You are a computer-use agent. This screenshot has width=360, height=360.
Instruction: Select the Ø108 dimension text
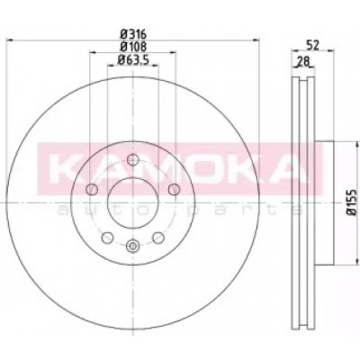(x=133, y=47)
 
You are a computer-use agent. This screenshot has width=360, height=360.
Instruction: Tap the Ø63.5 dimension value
(x=133, y=59)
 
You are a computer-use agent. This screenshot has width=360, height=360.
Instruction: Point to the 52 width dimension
(x=312, y=45)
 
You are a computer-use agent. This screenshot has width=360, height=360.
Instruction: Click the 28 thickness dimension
(x=303, y=61)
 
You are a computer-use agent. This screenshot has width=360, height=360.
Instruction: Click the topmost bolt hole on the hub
(x=132, y=159)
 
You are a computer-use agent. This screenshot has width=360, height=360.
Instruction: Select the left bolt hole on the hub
(x=92, y=189)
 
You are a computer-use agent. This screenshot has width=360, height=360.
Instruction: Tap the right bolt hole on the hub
(x=174, y=189)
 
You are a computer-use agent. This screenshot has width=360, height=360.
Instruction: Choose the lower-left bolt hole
(x=107, y=238)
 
